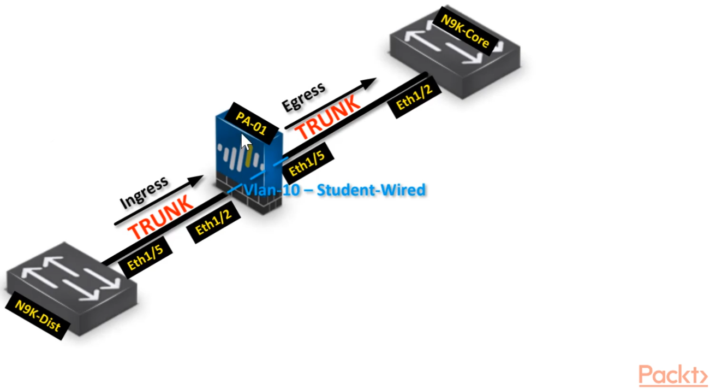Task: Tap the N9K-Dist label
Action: click(38, 320)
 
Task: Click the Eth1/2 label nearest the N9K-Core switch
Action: click(415, 98)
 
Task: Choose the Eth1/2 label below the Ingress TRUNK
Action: click(217, 221)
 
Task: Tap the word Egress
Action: click(303, 97)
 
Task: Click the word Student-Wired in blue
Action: click(371, 190)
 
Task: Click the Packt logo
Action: click(673, 375)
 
